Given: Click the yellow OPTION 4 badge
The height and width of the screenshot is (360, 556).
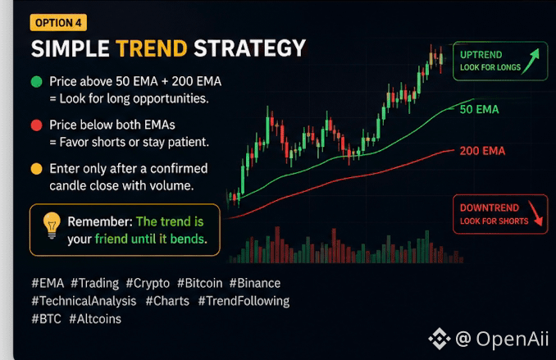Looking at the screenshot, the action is (58, 23).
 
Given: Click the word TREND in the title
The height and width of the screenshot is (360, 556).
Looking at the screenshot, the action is (152, 48).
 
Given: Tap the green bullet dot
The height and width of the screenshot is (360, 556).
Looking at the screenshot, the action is (37, 81).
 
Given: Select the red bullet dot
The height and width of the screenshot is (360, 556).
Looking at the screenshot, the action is (37, 125).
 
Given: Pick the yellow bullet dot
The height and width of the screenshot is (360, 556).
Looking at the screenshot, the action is (37, 169).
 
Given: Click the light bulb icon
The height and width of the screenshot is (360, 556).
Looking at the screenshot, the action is (52, 226).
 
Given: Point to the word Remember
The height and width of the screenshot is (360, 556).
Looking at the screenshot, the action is (100, 221).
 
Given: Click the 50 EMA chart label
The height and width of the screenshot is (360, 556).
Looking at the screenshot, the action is (480, 109).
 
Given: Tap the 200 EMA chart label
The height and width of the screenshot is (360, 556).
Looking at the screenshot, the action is (482, 151).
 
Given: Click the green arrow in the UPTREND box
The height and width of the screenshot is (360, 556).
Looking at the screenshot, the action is (531, 61).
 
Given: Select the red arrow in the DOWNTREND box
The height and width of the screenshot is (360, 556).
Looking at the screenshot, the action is (535, 213).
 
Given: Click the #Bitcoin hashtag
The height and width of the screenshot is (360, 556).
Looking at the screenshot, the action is (200, 283).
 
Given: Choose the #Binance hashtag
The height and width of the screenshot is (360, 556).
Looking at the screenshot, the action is (255, 283).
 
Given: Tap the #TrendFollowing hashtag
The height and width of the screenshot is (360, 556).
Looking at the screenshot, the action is (244, 301).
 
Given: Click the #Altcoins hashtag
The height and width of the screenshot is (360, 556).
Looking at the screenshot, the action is (95, 319).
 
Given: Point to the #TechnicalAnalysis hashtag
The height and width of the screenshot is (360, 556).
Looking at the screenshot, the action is (84, 301).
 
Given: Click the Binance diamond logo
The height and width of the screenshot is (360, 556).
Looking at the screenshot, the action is (440, 339).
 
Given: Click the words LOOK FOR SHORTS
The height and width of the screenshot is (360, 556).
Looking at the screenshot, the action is (494, 221).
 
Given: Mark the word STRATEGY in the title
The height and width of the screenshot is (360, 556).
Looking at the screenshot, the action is (249, 48).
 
